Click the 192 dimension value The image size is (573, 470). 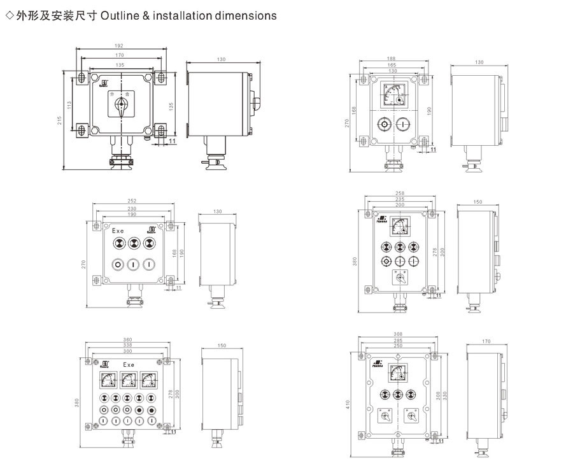(120, 46)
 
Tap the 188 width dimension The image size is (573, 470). (391, 59)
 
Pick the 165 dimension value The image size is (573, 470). (391, 65)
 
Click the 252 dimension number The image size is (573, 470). (132, 201)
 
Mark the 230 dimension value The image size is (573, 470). (132, 208)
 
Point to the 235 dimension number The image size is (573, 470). (399, 199)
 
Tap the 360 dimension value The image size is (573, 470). (128, 339)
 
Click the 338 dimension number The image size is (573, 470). (128, 346)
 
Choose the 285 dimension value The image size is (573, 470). (399, 341)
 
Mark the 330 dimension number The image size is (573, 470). (446, 395)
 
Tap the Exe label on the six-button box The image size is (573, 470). (118, 231)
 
